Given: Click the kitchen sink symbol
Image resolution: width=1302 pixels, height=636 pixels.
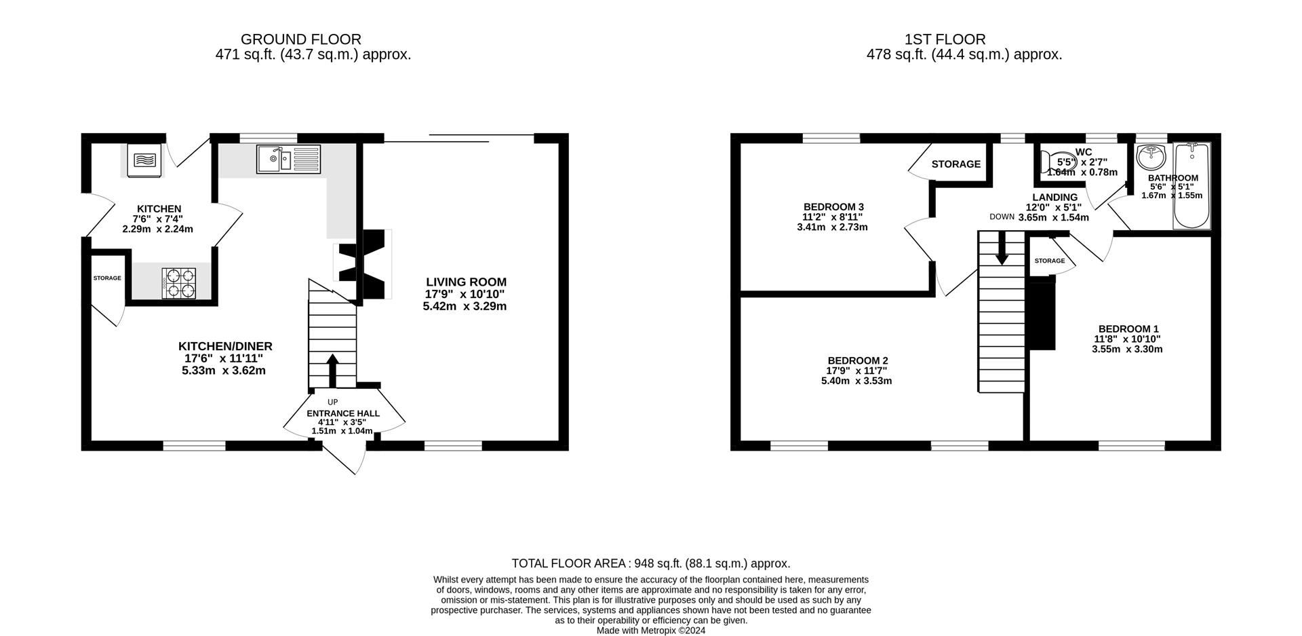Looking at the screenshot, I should click(x=288, y=160).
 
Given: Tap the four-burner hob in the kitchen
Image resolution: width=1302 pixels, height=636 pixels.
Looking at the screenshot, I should click(x=179, y=283).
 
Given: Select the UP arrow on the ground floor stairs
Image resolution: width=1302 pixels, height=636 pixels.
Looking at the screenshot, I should click(x=332, y=370).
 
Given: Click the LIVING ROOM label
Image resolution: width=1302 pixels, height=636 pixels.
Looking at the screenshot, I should click(x=466, y=282).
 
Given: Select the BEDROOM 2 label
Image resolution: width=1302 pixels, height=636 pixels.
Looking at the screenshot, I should click(x=857, y=360).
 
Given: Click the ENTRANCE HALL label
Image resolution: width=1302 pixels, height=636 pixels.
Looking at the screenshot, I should click(x=343, y=413).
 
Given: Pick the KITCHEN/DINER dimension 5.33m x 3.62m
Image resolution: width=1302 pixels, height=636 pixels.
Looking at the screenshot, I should click(x=224, y=371).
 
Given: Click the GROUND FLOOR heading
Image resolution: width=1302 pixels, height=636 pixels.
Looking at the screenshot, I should click(x=301, y=39).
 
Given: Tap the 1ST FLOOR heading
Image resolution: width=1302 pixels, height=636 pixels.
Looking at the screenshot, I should click(x=945, y=39).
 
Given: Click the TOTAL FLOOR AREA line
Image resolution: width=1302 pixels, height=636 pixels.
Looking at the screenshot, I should click(x=650, y=563).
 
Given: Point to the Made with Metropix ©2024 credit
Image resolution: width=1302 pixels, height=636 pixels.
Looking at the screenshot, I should click(x=650, y=631).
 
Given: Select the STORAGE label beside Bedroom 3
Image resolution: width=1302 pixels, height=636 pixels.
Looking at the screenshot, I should click(x=955, y=164).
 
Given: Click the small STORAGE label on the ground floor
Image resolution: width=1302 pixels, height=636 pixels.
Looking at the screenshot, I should click(x=107, y=278).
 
